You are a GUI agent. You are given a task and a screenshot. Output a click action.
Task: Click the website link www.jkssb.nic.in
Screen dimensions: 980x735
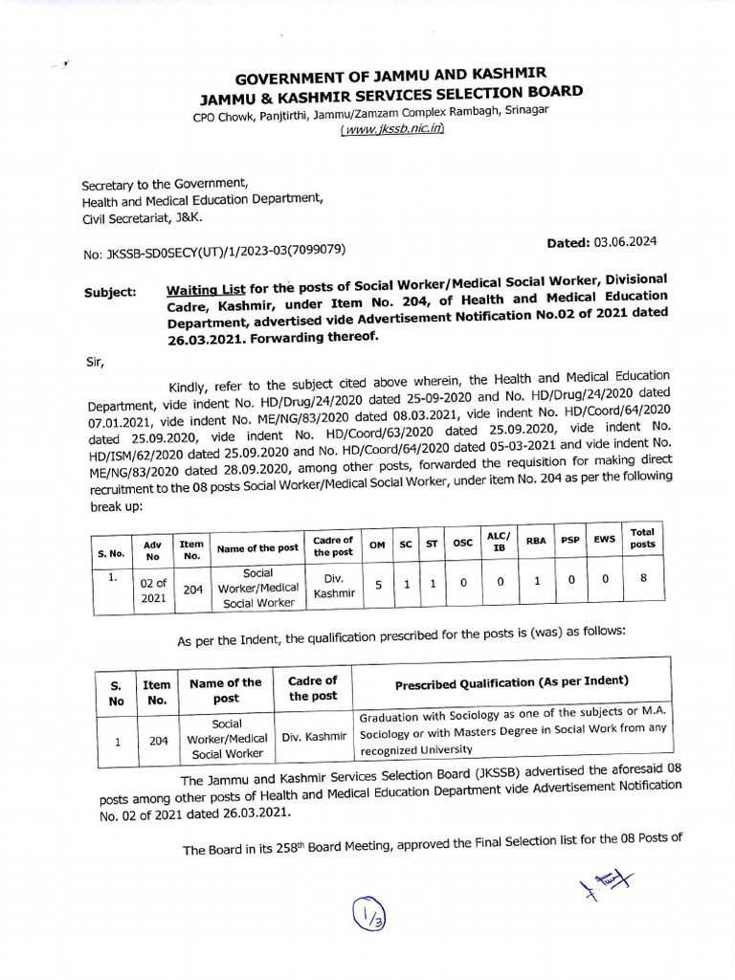point(392,128)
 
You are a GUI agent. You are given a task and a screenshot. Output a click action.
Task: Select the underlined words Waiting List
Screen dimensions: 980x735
point(205,290)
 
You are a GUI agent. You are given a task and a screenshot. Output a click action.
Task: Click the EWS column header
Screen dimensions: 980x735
point(604,540)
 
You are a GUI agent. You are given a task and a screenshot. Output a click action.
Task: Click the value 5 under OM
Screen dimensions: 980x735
point(378,584)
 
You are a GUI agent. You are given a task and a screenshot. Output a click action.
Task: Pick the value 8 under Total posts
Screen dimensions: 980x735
point(643,578)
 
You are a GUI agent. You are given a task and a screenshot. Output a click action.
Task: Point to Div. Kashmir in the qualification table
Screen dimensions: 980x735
point(313,737)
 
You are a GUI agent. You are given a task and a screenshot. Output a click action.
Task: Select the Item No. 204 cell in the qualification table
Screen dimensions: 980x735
point(157,739)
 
